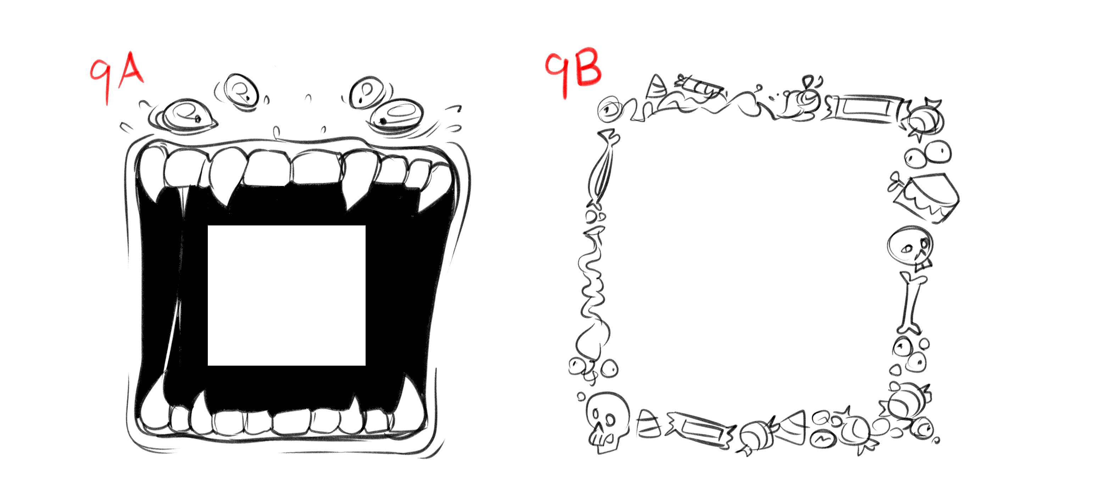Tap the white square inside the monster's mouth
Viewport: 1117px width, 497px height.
tap(287, 295)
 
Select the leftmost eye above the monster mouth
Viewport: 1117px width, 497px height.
tap(185, 115)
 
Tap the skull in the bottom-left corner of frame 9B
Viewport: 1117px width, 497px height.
tap(607, 421)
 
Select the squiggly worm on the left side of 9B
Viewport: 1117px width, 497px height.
tap(591, 278)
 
